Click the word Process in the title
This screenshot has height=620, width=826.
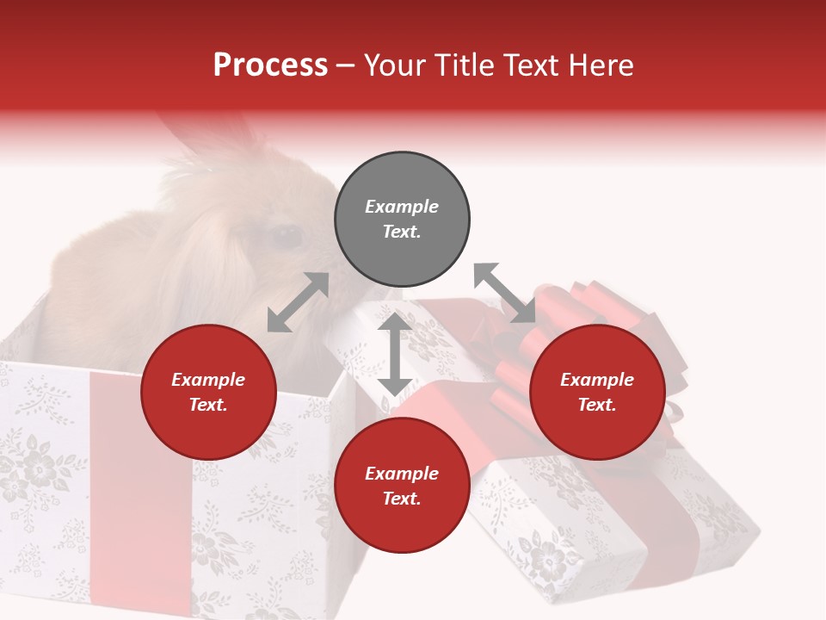(270, 65)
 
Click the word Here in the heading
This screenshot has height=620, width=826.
(602, 65)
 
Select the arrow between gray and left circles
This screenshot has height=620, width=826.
(298, 302)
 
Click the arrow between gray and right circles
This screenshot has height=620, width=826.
(505, 294)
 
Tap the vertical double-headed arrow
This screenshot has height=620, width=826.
(394, 354)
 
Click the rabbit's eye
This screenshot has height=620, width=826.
(286, 234)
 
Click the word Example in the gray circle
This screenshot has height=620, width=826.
(402, 207)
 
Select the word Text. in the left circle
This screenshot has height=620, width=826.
(208, 405)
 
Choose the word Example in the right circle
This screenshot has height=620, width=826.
(597, 380)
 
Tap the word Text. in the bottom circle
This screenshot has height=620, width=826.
(402, 499)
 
